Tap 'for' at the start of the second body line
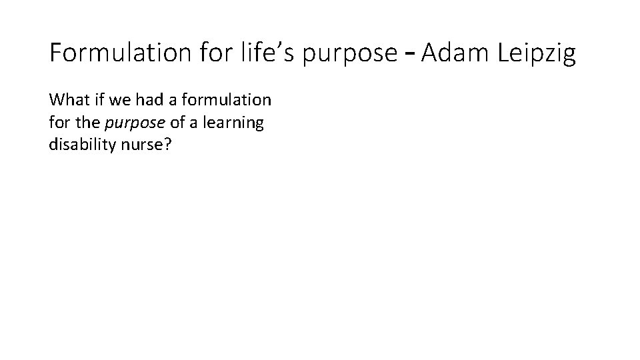[59, 123]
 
